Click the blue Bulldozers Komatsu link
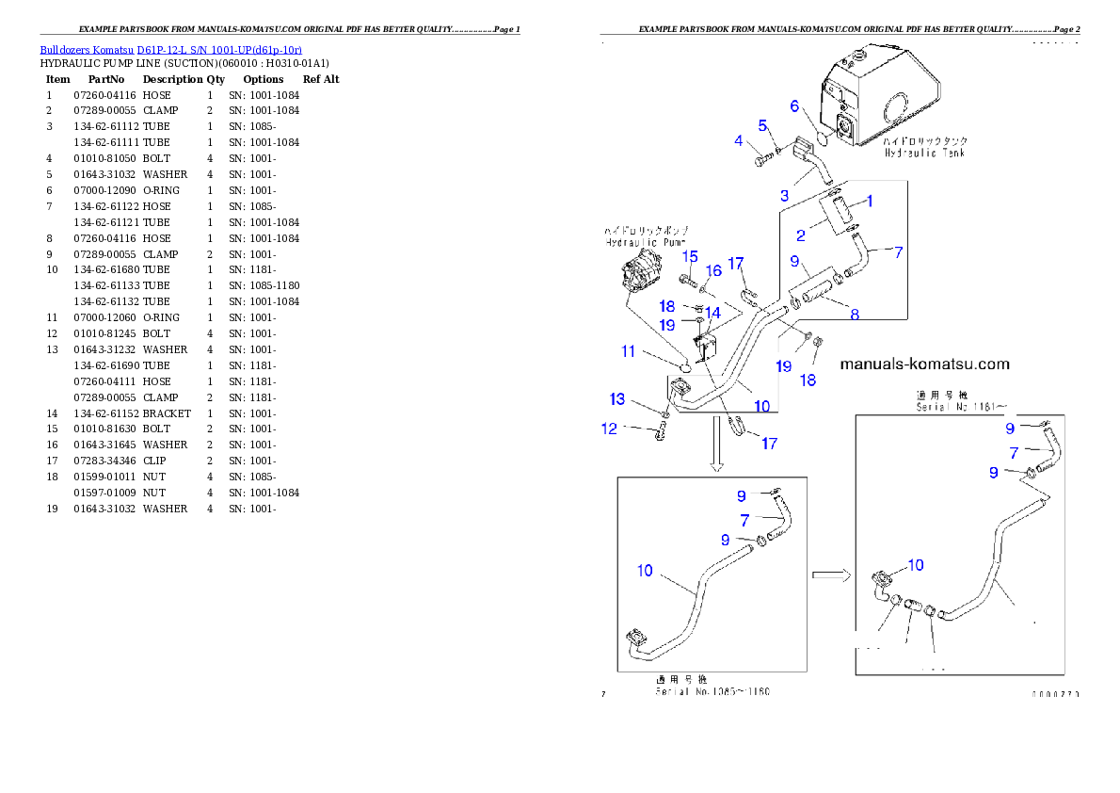[170, 49]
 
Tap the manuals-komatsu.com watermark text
[924, 364]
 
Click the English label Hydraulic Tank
[924, 153]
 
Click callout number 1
[870, 201]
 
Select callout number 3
[784, 196]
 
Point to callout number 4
[739, 141]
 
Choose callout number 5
[763, 125]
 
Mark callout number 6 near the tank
[794, 106]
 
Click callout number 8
[855, 315]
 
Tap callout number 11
[628, 351]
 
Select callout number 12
[610, 429]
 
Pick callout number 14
[713, 312]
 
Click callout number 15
[690, 256]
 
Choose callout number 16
[713, 270]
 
